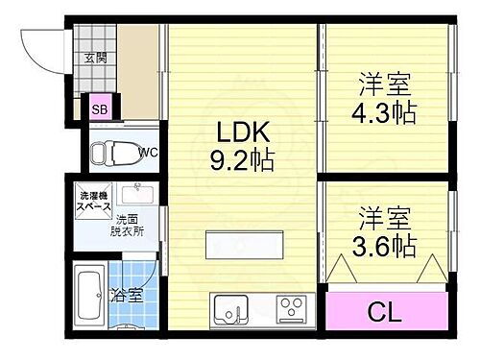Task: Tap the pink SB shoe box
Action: pyautogui.click(x=100, y=109)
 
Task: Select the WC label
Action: pyautogui.click(x=147, y=152)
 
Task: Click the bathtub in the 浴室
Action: pyautogui.click(x=90, y=294)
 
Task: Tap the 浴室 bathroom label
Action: pyautogui.click(x=128, y=295)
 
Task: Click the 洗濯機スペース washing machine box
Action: pyautogui.click(x=93, y=202)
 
